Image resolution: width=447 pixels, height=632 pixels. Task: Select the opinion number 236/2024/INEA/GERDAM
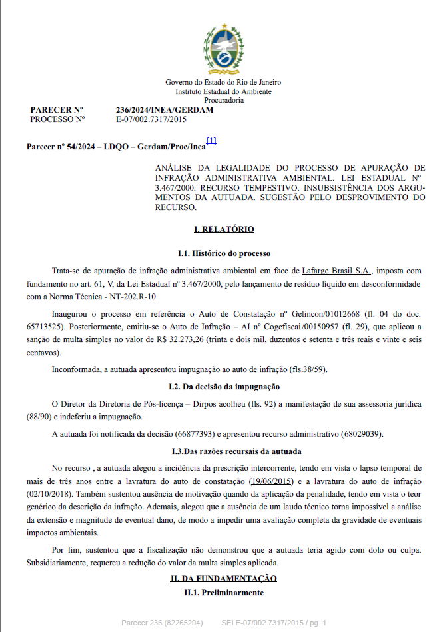click(164, 110)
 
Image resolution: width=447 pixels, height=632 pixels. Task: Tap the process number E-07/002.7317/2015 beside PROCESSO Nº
click(151, 119)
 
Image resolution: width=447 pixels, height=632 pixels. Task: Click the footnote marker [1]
click(211, 141)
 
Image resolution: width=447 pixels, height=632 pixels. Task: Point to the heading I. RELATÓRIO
click(224, 229)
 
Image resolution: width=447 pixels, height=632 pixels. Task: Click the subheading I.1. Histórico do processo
click(224, 254)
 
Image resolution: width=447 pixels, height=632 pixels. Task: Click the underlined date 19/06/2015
click(272, 481)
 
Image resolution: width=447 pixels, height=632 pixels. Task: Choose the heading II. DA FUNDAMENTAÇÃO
click(224, 578)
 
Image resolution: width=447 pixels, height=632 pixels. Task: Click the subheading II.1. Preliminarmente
click(224, 592)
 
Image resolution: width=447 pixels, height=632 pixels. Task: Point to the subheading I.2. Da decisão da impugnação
click(224, 387)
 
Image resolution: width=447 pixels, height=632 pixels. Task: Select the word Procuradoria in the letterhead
click(224, 100)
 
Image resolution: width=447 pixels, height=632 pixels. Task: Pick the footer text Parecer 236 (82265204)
click(162, 623)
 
